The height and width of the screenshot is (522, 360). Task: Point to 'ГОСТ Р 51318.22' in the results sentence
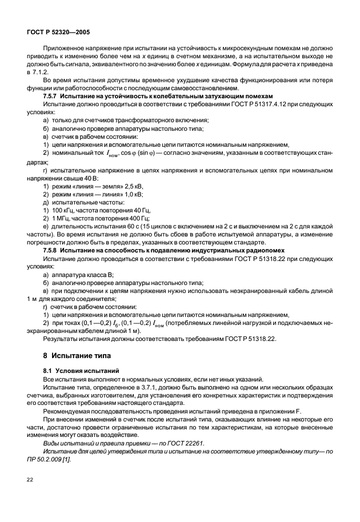234,338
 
